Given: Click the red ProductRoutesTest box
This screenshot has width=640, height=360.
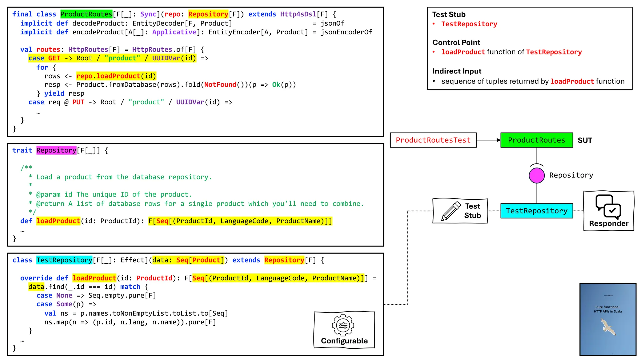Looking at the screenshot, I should pos(433,140).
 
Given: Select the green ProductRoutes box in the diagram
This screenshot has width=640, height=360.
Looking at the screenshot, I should pos(537,140).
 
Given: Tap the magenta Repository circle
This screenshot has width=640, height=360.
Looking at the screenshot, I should pos(537,175).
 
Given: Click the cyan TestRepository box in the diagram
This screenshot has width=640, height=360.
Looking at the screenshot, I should pos(537,211).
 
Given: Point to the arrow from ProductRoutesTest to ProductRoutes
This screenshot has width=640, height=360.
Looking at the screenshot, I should pos(488,140).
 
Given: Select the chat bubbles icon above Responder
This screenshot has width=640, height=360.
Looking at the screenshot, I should pos(608,206).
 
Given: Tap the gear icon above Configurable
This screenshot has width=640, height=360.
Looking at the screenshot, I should pos(343,325).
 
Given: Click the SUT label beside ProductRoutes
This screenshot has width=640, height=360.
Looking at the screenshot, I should pos(585,140).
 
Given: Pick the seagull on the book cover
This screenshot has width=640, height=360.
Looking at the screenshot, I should pos(608,327).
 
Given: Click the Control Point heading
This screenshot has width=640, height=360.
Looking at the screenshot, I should pos(456,42).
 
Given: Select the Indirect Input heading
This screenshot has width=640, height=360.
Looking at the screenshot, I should pos(457,71).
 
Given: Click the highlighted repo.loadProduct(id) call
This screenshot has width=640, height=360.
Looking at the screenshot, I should pos(116,76).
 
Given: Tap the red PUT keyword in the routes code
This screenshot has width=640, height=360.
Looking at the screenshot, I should pos(78,102).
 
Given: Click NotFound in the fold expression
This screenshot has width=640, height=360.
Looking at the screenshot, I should pos(220,85).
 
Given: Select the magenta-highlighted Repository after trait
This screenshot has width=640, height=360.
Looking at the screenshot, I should pos(56,150).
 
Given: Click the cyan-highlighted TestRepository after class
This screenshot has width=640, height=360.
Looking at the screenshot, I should pos(64,260).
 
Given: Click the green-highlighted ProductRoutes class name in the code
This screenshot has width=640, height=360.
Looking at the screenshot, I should pos(86,14).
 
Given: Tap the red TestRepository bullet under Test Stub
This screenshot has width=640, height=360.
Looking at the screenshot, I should pos(469,24).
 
